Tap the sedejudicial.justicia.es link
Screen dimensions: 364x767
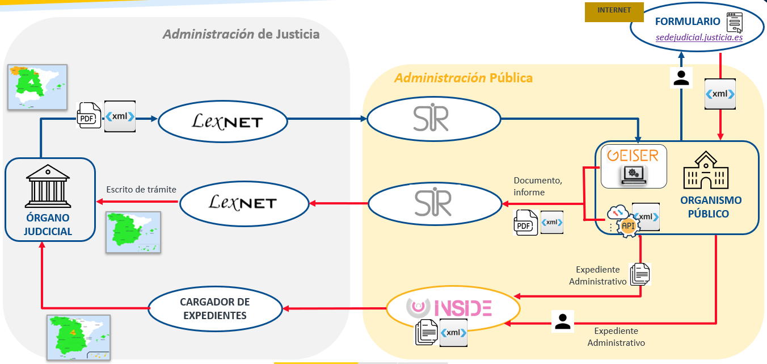click(x=699, y=37)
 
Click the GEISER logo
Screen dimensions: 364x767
click(x=633, y=155)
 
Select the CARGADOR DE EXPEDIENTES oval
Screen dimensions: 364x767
click(x=215, y=308)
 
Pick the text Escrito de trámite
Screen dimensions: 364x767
click(x=141, y=189)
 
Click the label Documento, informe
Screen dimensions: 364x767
click(x=538, y=186)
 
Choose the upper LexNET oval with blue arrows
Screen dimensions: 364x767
click(x=223, y=121)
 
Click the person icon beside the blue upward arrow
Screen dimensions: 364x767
click(x=681, y=78)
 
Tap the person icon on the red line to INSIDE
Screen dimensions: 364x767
click(x=562, y=321)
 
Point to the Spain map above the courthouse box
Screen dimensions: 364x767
click(x=37, y=86)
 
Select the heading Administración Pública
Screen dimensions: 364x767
click(x=463, y=78)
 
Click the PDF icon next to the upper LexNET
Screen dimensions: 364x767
click(x=88, y=116)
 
